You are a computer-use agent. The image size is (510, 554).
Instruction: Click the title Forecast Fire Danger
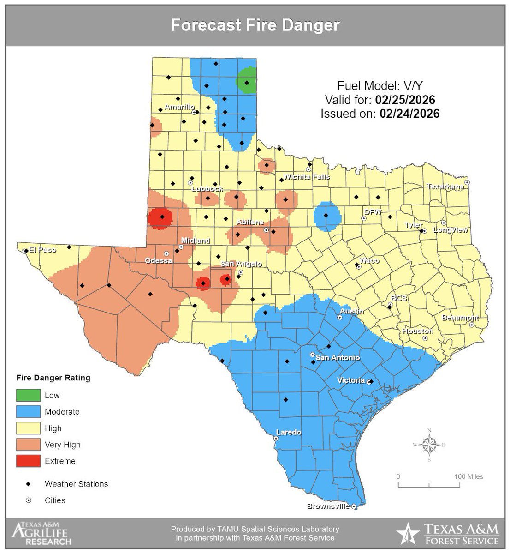[x=255, y=25]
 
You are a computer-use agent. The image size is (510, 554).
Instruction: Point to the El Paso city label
[x=42, y=250]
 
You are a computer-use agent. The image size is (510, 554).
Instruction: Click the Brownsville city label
[x=328, y=506]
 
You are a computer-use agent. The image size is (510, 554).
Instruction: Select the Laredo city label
[x=288, y=433]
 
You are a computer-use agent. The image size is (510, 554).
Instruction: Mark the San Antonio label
[x=338, y=358]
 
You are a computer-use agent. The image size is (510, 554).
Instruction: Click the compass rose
[x=429, y=445]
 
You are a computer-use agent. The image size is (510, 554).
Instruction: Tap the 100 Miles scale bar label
[x=468, y=476]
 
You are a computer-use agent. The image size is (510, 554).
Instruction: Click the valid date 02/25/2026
[x=405, y=100]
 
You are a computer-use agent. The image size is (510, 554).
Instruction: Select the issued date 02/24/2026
[x=409, y=114]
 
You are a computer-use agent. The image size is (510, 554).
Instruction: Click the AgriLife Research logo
[x=42, y=533]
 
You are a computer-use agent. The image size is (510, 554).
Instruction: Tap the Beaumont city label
[x=460, y=318]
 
